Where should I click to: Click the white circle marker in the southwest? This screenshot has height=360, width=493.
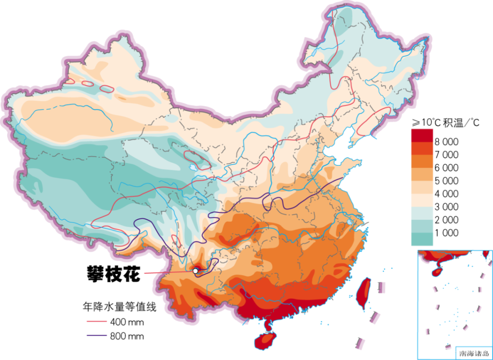click(195, 271)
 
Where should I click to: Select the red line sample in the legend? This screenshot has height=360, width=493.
click(97, 321)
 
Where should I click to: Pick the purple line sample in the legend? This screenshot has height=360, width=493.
click(97, 336)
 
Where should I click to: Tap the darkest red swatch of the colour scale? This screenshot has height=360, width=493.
click(422, 135)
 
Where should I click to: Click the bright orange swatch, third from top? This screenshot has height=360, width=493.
click(422, 161)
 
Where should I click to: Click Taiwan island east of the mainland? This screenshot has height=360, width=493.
click(363, 293)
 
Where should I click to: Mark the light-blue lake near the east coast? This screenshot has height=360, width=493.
click(350, 222)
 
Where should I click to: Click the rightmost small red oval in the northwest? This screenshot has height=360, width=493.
click(106, 89)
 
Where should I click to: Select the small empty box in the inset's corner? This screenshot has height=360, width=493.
click(473, 352)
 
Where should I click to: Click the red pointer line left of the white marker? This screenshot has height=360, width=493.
click(167, 273)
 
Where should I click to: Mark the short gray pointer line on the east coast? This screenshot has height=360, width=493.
click(365, 223)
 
